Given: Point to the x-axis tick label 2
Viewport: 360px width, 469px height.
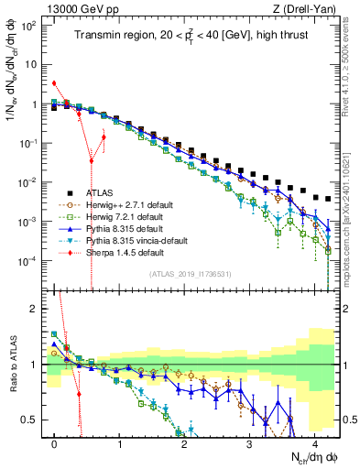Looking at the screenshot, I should pyautogui.click(x=184, y=442).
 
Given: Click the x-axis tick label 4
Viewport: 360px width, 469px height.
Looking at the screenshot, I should pyautogui.click(x=314, y=442).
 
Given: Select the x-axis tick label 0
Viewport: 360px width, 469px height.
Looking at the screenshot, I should pyautogui.click(x=55, y=442).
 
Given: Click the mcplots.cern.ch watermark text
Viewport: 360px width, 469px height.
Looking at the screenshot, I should pyautogui.click(x=351, y=229).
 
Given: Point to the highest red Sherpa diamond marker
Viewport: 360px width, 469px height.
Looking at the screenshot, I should pyautogui.click(x=54, y=83).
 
